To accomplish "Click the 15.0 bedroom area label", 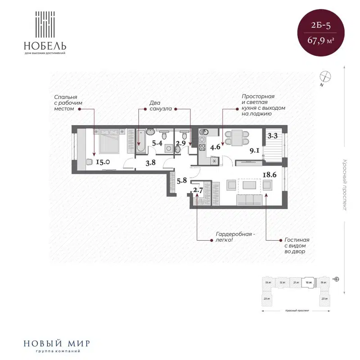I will (101, 162).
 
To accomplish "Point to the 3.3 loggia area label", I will (272, 135).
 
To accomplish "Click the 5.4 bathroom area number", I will (157, 144).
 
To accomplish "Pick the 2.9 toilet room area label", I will (181, 144).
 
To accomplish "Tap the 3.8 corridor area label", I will (151, 163).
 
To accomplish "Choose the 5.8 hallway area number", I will (182, 181).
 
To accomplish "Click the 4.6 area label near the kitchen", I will (215, 146).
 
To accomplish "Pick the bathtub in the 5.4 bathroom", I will (140, 141).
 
